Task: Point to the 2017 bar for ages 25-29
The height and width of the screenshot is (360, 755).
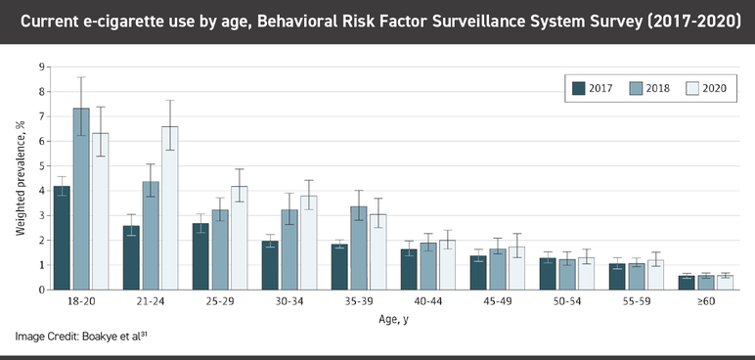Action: pos(200,256)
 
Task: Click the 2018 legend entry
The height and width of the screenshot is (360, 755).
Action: pos(645,87)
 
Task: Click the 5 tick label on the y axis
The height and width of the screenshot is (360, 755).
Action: pos(41,165)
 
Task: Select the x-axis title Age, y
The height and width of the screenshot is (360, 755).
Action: pos(395,319)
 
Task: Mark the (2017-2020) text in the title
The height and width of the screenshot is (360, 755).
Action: pos(686,21)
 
